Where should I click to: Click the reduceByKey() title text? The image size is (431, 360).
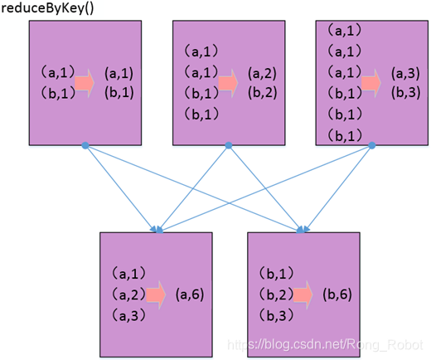pos(47,8)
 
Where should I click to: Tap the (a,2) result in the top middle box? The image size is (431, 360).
pos(262,73)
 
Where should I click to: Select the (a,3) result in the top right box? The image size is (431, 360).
pos(405,73)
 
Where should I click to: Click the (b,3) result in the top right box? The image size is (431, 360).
pos(405,92)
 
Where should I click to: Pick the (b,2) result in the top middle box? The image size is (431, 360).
pos(262,92)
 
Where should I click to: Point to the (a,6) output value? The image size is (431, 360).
pos(190,294)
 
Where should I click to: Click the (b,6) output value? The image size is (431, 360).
pos(337,294)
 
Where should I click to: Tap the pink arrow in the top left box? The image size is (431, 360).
pos(85,83)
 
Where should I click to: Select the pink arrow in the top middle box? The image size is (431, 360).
pos(228,83)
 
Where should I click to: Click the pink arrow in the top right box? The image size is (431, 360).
pos(371,83)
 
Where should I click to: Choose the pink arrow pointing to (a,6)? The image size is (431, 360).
pos(156,294)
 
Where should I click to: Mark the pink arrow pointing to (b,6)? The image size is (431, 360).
pos(303,294)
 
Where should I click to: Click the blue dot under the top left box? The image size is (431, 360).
pos(85,145)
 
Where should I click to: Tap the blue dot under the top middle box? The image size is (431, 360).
pos(229,145)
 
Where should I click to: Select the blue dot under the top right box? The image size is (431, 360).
pos(372,145)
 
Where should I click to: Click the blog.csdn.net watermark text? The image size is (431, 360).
pos(325,345)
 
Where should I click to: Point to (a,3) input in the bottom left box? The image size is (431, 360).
pos(129,315)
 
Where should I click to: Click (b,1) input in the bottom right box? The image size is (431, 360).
pos(277,274)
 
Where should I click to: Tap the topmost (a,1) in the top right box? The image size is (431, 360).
pos(345,30)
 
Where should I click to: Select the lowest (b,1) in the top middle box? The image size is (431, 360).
pos(201,114)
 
